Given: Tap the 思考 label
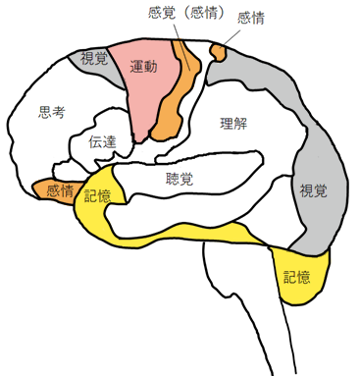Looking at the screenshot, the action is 50,112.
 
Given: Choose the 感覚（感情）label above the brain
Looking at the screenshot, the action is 188,13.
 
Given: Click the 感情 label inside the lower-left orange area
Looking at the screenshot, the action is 59,190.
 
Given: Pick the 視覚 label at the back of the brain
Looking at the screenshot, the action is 313,189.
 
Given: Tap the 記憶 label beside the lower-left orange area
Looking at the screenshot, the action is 98,195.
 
